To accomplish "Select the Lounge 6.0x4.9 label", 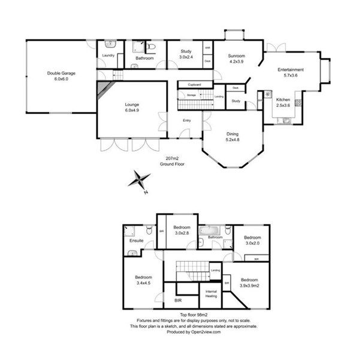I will (x=132, y=107).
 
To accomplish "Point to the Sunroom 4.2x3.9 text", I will (x=237, y=59).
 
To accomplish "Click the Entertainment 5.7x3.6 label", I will (x=291, y=73).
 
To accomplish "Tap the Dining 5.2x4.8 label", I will (x=233, y=137).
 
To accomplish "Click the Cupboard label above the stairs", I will (x=194, y=85).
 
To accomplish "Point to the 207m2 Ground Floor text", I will (x=171, y=160).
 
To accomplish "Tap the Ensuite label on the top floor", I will (x=137, y=241).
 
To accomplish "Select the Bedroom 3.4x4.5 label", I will (x=144, y=280).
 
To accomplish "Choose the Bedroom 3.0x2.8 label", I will (x=182, y=230).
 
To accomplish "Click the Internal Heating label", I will (x=212, y=294).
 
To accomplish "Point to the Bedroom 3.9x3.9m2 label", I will (x=249, y=283).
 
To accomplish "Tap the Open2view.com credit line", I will (x=194, y=331).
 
